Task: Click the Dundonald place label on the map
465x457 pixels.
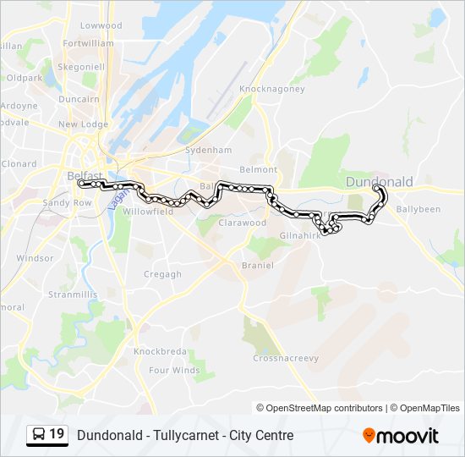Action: (x=380, y=182)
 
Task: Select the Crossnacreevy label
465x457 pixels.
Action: (x=286, y=358)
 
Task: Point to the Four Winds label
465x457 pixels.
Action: (x=175, y=370)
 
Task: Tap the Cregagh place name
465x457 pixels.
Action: (x=162, y=274)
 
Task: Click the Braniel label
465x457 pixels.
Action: (x=257, y=265)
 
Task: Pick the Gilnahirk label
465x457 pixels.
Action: (x=298, y=235)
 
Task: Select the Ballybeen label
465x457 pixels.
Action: (x=418, y=208)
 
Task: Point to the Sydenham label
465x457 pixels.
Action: (x=210, y=150)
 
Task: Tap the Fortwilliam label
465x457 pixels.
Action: (x=88, y=42)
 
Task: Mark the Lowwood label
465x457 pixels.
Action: (x=101, y=25)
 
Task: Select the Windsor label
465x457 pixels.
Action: (x=35, y=258)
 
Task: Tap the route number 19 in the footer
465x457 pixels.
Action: (x=57, y=435)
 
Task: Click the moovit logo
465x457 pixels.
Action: (x=401, y=436)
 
